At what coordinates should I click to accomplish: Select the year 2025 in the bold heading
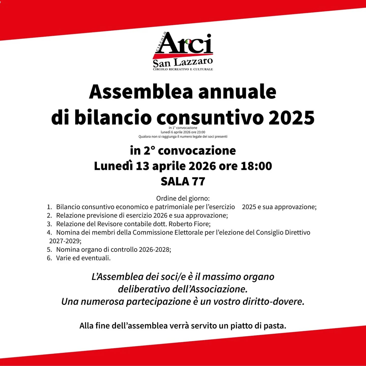tap(291, 117)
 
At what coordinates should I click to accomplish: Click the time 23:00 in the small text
tap(201, 132)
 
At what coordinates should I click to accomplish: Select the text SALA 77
tap(183, 181)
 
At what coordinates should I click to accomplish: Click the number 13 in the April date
tap(142, 166)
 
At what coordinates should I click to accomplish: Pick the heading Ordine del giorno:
tap(183, 198)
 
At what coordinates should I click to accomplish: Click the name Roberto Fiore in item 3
tap(189, 224)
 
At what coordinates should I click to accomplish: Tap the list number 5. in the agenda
tap(49, 250)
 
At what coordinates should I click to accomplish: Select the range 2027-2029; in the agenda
tap(65, 241)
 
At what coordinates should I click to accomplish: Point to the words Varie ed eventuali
tap(83, 258)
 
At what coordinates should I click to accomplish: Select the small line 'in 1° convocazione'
tap(183, 128)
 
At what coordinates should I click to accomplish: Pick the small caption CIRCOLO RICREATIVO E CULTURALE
tap(183, 69)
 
